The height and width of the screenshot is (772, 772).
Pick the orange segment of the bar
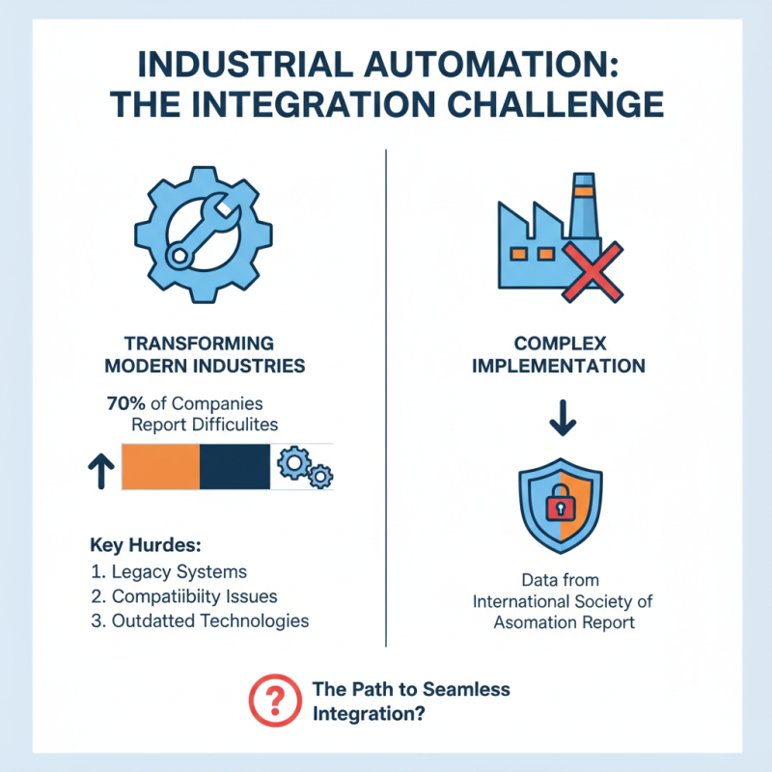click(160, 467)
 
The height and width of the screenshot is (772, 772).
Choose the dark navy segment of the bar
click(234, 467)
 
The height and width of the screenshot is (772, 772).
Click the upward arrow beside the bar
click(99, 468)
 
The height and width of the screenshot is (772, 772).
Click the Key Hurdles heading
click(147, 543)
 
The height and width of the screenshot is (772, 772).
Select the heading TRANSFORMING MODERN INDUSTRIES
click(201, 354)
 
